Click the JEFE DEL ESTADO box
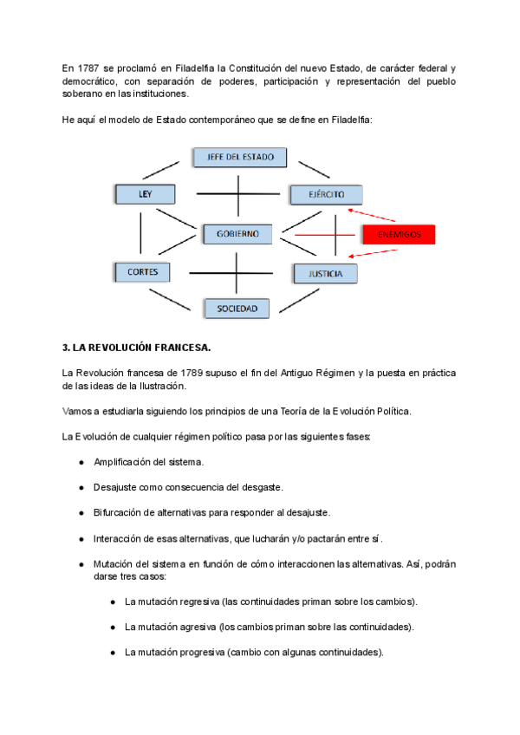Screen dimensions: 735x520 pos(235,157)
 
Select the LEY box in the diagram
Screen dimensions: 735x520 pos(144,194)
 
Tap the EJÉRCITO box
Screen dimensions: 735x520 pos(325,195)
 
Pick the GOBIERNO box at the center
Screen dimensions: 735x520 pos(237,234)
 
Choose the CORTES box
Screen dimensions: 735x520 pos(142,271)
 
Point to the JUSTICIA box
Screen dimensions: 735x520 pos(324,274)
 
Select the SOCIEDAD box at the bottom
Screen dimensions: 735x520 pos(237,308)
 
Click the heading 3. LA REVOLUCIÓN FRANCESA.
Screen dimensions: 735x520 pos(137,348)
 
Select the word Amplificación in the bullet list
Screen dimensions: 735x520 pos(126,462)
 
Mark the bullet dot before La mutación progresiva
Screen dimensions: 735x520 pos(113,652)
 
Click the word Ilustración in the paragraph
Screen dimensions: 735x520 pos(160,386)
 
